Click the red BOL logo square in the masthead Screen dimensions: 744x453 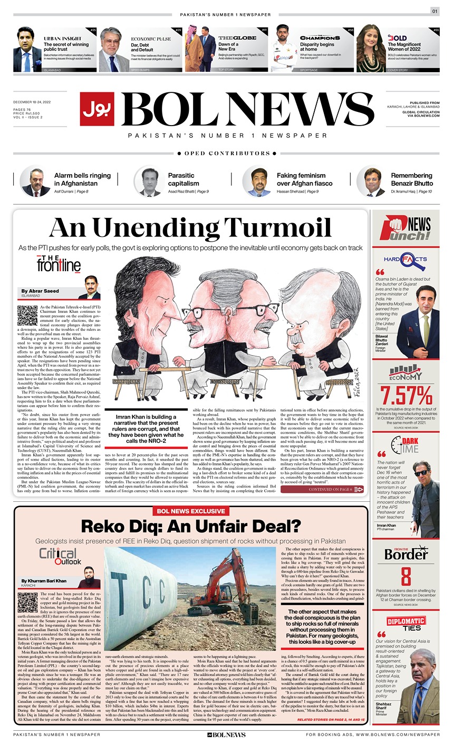(x=98, y=109)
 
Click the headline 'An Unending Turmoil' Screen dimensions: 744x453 (x=190, y=228)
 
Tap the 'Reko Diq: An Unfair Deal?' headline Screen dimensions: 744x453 (x=190, y=528)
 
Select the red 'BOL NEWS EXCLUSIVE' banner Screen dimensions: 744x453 (x=190, y=511)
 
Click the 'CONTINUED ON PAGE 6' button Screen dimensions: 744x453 (x=322, y=489)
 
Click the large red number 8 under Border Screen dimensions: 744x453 (x=406, y=576)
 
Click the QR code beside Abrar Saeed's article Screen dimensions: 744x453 (x=27, y=315)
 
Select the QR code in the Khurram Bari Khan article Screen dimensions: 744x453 (x=27, y=603)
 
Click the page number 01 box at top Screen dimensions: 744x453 (x=435, y=11)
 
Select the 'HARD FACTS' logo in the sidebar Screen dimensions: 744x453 (x=406, y=260)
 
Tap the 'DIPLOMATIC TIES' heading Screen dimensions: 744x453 (x=406, y=624)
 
